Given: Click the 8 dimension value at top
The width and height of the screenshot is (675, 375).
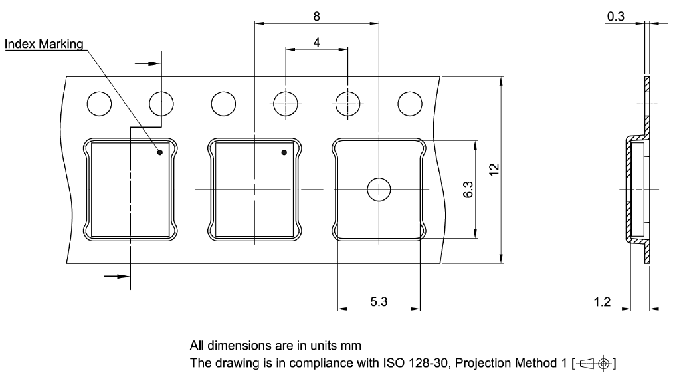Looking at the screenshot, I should point(317,14).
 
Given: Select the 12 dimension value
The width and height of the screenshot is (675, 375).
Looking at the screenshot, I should point(492,170).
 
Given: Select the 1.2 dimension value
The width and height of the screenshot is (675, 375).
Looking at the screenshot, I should point(603,303).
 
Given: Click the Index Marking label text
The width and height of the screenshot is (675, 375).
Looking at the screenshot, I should point(44,45).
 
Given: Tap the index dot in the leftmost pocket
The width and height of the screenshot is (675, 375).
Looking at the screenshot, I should point(159,153).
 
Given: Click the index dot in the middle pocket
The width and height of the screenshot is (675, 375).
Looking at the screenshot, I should point(284,153).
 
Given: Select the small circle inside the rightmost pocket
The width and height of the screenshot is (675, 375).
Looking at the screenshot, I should point(379,189).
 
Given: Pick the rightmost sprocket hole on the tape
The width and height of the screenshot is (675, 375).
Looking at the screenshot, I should point(410,103).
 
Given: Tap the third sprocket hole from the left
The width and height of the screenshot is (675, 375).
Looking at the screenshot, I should point(223,103).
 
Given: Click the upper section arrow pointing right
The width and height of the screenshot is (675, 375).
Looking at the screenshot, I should point(147,64).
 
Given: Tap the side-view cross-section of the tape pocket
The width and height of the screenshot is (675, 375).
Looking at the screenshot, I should point(636,189).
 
